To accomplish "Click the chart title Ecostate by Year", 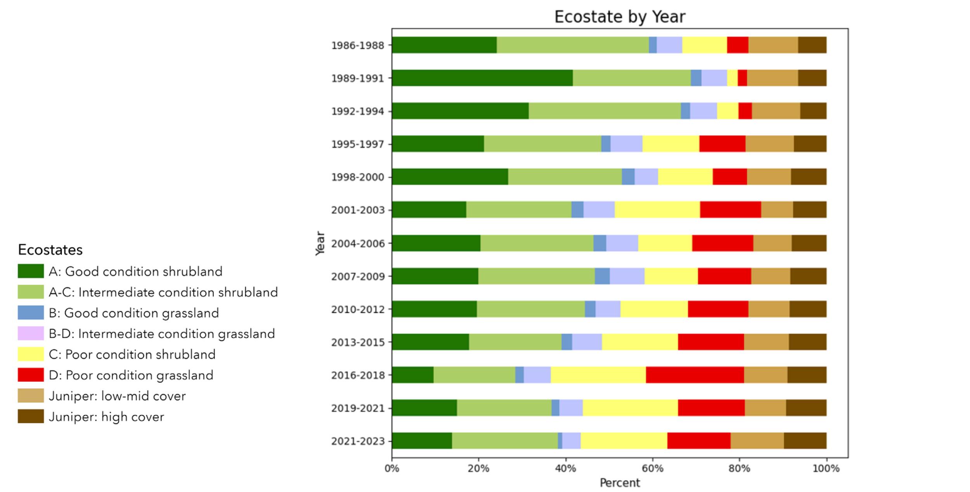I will [x=620, y=17].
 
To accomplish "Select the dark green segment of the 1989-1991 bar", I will [x=482, y=78].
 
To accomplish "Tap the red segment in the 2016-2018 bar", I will [x=695, y=375].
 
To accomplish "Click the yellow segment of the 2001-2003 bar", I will [x=657, y=210].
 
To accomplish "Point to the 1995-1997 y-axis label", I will [x=357, y=144].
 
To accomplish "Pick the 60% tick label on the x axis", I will [x=652, y=469].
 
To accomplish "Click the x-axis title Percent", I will [x=620, y=483].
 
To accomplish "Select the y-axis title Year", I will [x=320, y=243].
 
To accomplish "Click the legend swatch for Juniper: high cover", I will [x=31, y=416].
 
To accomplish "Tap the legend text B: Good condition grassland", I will [x=133, y=313].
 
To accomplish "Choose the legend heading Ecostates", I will [x=50, y=249].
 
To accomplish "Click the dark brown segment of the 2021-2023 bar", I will [x=805, y=441].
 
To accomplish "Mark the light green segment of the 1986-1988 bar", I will [x=573, y=45].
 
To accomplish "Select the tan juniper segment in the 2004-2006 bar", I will [x=772, y=243].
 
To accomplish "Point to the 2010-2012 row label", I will [x=357, y=310].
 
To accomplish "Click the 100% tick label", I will [x=826, y=469].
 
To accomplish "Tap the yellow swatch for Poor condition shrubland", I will [x=31, y=354].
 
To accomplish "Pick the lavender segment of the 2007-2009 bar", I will [x=627, y=276].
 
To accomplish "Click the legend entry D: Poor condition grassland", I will [x=131, y=375].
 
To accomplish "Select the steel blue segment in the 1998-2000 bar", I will [x=628, y=177].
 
